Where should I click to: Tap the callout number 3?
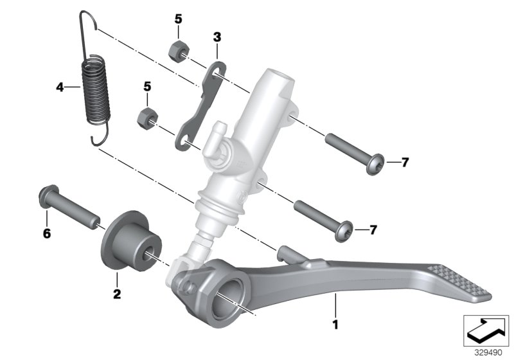(x=217, y=37)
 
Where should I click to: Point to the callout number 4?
(x=60, y=87)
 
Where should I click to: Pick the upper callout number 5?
(x=178, y=20)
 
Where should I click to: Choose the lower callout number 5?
(x=147, y=85)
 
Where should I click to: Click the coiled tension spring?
(x=95, y=90)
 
